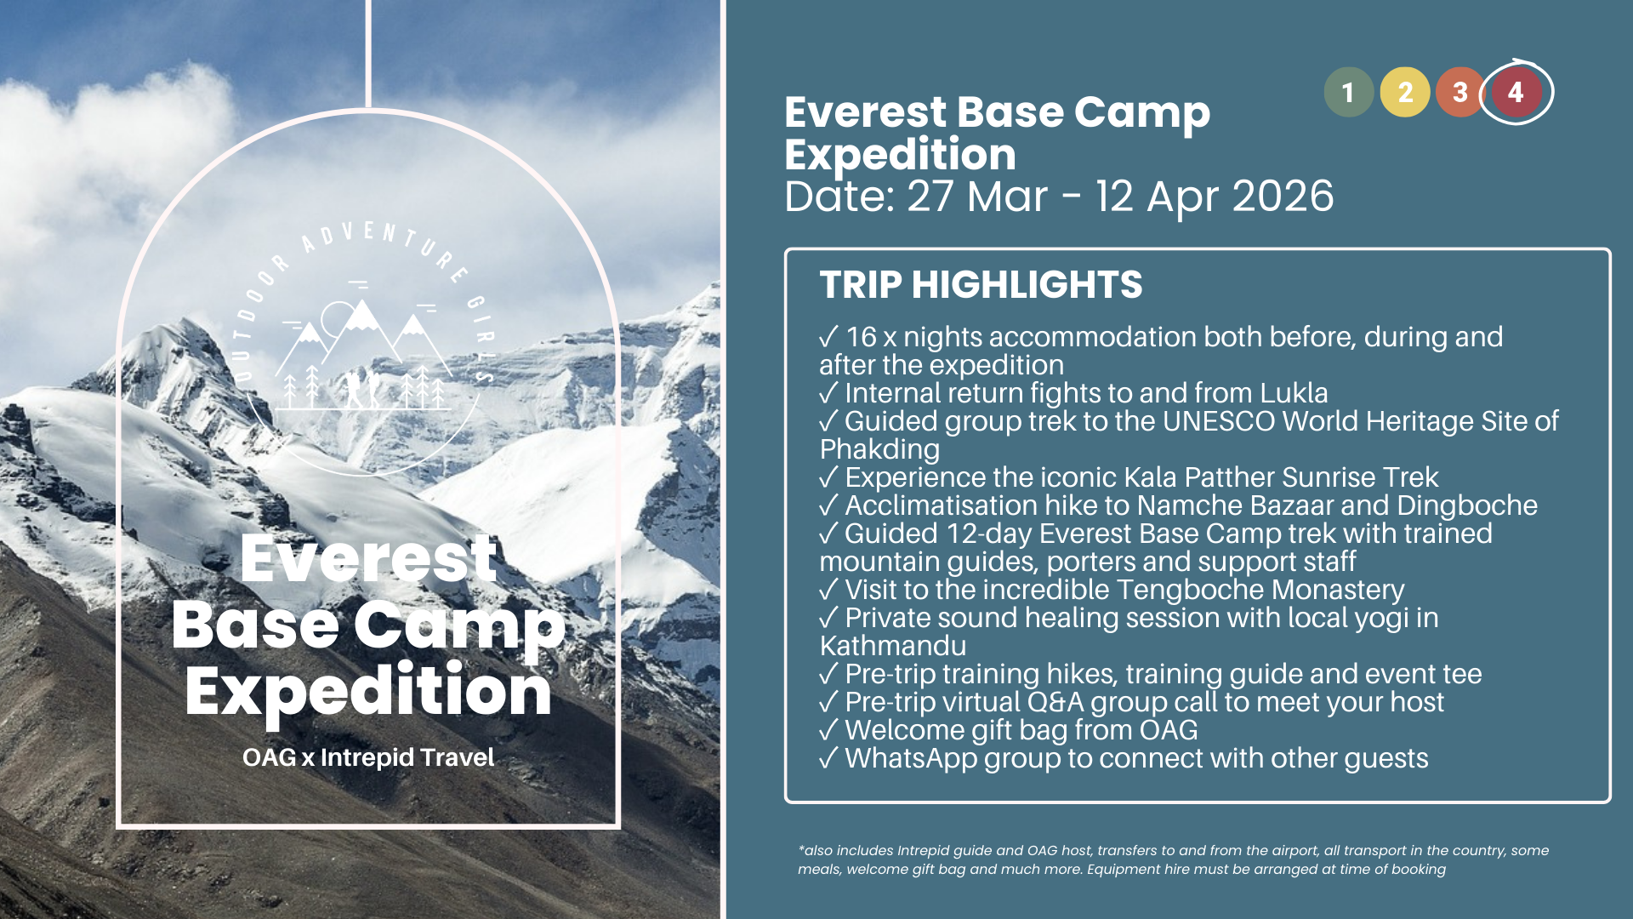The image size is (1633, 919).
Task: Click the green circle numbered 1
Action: (1349, 92)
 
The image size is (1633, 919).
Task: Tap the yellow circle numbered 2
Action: (1405, 92)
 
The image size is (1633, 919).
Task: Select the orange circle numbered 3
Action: (1460, 92)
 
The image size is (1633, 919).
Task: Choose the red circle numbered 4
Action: (1516, 92)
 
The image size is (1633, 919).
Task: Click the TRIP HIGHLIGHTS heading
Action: (981, 284)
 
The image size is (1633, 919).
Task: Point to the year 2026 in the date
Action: (1283, 197)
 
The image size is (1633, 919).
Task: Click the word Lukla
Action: (1294, 393)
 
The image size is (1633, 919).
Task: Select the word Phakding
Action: (879, 450)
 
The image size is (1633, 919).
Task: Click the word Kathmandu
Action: (892, 646)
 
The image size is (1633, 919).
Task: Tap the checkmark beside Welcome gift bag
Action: (829, 730)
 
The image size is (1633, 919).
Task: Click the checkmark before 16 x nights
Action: (829, 337)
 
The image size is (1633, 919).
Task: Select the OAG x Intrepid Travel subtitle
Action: (368, 757)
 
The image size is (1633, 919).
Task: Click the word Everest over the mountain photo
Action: (368, 558)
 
